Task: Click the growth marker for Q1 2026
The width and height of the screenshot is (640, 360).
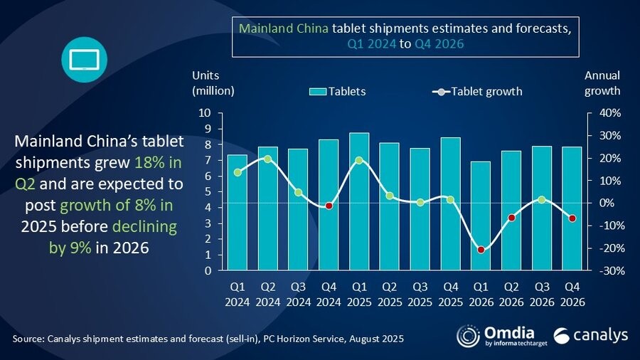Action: pos(481,250)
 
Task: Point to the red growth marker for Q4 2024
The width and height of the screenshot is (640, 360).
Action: pos(329,206)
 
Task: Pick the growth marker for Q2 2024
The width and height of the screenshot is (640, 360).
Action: pos(268,159)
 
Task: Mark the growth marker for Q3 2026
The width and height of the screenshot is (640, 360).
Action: pos(542,200)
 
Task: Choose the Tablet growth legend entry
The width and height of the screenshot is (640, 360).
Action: pos(477,91)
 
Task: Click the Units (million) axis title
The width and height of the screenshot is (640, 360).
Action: pos(212,83)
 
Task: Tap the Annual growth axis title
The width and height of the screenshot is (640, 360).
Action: pos(602,83)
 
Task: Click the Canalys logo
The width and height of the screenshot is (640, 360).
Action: pos(591,335)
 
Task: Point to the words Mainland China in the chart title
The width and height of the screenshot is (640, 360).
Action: pos(283,29)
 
